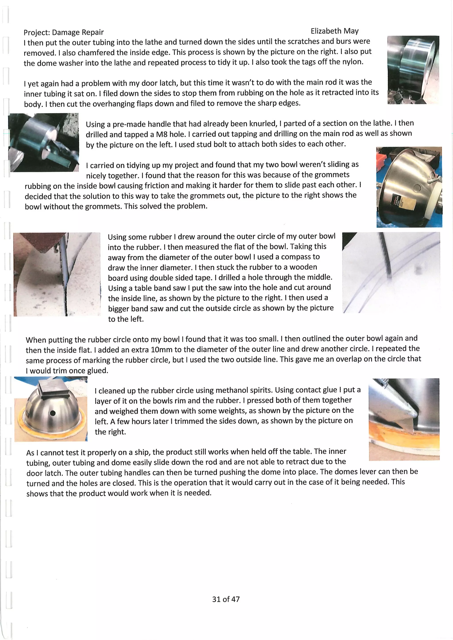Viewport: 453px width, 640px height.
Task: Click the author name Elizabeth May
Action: pos(334,31)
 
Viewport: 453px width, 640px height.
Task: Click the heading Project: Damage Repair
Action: pos(64,33)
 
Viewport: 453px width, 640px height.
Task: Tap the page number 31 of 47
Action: pos(226,599)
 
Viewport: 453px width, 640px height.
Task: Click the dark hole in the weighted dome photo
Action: pos(52,413)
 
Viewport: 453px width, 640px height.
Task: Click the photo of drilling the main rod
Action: pos(44,142)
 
